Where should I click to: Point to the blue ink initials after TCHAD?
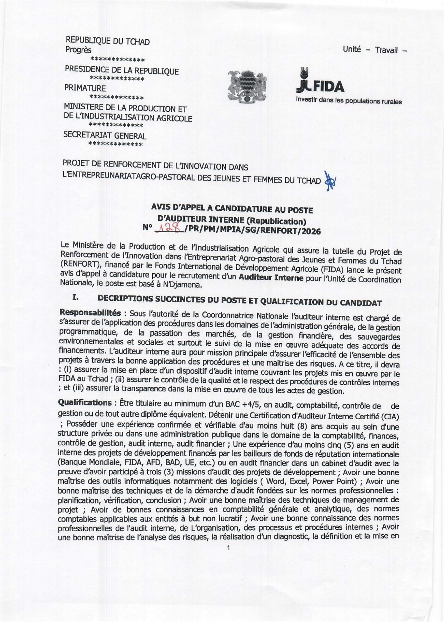point(330,181)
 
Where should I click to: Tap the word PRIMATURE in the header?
point(85,88)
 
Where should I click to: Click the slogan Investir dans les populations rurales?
point(349,101)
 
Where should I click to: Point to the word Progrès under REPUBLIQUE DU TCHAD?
point(78,50)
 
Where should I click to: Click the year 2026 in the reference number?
point(311,231)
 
